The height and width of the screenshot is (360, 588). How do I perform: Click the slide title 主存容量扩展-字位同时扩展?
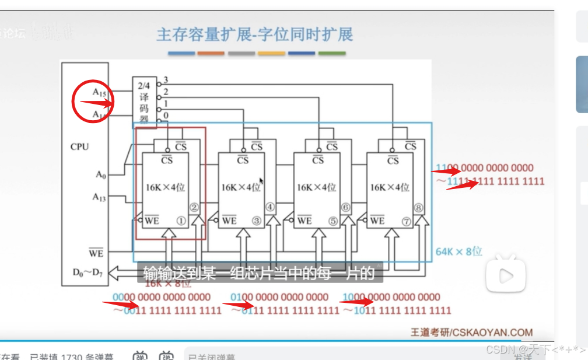pos(254,34)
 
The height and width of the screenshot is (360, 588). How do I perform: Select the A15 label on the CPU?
pos(99,92)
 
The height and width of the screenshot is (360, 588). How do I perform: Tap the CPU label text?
pos(79,146)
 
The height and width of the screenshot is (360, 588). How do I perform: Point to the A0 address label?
pos(101,174)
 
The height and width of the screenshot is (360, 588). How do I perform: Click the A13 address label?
pos(99,197)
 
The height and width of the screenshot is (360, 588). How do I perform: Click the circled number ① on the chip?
pos(181,221)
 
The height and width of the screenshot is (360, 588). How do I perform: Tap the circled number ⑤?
pos(332,221)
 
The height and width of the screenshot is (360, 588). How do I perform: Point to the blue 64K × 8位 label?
pos(459,251)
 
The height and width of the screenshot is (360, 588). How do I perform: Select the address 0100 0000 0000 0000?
pos(279,297)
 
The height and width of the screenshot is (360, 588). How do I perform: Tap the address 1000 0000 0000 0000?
pos(391,297)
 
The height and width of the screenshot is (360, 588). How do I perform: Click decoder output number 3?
pos(166,80)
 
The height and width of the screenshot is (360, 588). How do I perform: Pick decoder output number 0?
pos(166,115)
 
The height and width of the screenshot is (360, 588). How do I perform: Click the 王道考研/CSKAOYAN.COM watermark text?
pos(471,332)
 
